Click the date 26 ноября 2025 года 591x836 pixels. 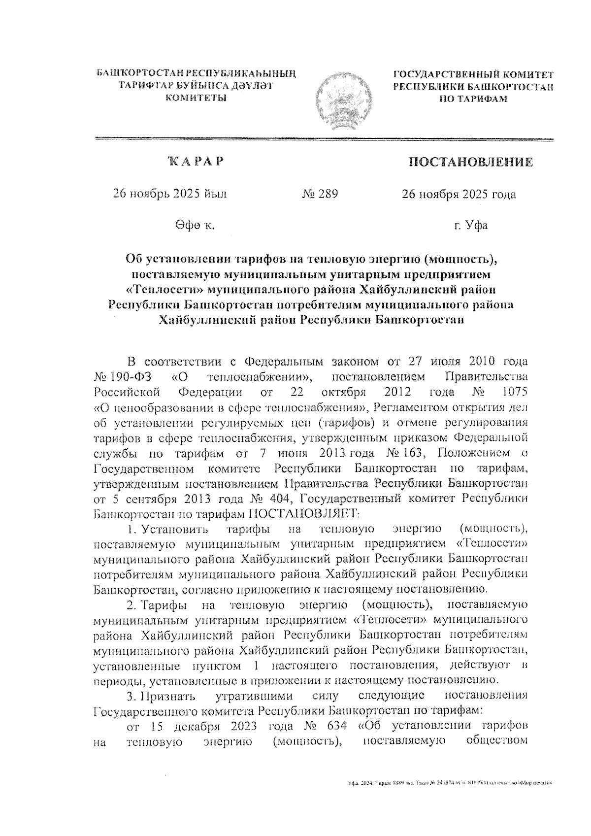tap(459, 195)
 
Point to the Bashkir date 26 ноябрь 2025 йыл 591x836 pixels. tap(170, 194)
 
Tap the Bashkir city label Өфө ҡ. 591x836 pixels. tap(193, 226)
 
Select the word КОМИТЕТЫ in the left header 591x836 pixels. tap(196, 98)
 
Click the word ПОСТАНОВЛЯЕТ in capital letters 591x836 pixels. tap(303, 513)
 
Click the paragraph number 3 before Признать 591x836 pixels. tap(130, 696)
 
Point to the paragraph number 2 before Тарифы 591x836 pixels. tap(130, 604)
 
